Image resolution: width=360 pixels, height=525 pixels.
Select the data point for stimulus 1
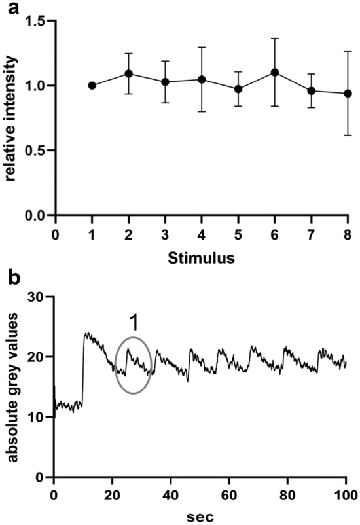click(x=92, y=85)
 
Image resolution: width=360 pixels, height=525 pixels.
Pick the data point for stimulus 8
click(x=348, y=93)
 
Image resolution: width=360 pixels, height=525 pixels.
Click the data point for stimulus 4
click(x=202, y=79)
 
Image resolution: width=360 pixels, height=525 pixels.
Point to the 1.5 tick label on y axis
click(x=37, y=22)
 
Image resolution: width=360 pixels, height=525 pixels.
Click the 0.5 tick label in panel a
click(x=37, y=151)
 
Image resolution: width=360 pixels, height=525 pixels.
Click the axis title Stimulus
click(x=201, y=258)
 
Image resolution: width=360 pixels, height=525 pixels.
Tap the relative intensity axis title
click(x=10, y=118)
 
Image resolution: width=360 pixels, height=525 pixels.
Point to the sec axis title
click(x=200, y=515)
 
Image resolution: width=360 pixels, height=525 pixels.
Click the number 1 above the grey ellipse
click(x=134, y=323)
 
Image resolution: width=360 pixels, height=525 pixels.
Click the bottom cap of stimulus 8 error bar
click(x=348, y=135)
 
